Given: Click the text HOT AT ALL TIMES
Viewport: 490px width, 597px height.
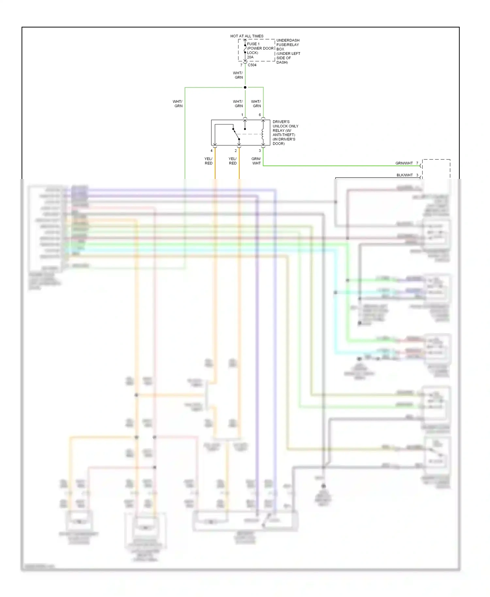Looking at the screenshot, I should pyautogui.click(x=247, y=36).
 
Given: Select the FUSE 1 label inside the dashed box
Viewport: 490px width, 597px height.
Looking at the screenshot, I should pyautogui.click(x=253, y=44).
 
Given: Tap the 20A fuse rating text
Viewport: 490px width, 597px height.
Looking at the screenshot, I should pyautogui.click(x=250, y=57).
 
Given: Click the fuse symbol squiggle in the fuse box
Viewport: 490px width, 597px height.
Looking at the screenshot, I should pyautogui.click(x=245, y=49).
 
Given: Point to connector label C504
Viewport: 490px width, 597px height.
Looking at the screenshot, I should pyautogui.click(x=252, y=65).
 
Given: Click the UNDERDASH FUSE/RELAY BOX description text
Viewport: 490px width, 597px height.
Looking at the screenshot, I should pyautogui.click(x=288, y=51).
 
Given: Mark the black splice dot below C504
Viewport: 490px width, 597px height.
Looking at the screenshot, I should pyautogui.click(x=245, y=88).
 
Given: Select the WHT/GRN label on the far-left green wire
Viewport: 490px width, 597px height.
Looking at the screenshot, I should pyautogui.click(x=178, y=104).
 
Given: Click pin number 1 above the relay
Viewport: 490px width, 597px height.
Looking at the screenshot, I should pyautogui.click(x=242, y=115).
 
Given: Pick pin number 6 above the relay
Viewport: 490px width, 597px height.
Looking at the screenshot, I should pyautogui.click(x=260, y=115).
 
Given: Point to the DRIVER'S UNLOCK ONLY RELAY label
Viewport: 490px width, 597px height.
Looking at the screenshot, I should pyautogui.click(x=285, y=133).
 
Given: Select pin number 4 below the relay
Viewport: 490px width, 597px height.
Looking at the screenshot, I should pyautogui.click(x=212, y=151).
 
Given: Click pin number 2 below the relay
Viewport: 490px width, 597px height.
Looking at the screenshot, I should pyautogui.click(x=236, y=151).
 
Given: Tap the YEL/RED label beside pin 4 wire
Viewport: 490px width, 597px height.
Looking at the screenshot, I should pyautogui.click(x=208, y=161).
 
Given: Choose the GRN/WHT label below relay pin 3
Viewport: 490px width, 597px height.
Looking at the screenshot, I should pyautogui.click(x=256, y=161).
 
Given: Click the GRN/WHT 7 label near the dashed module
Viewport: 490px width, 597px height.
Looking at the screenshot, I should pyautogui.click(x=407, y=163).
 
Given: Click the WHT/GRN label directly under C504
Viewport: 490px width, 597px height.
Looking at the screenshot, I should pyautogui.click(x=238, y=75).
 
